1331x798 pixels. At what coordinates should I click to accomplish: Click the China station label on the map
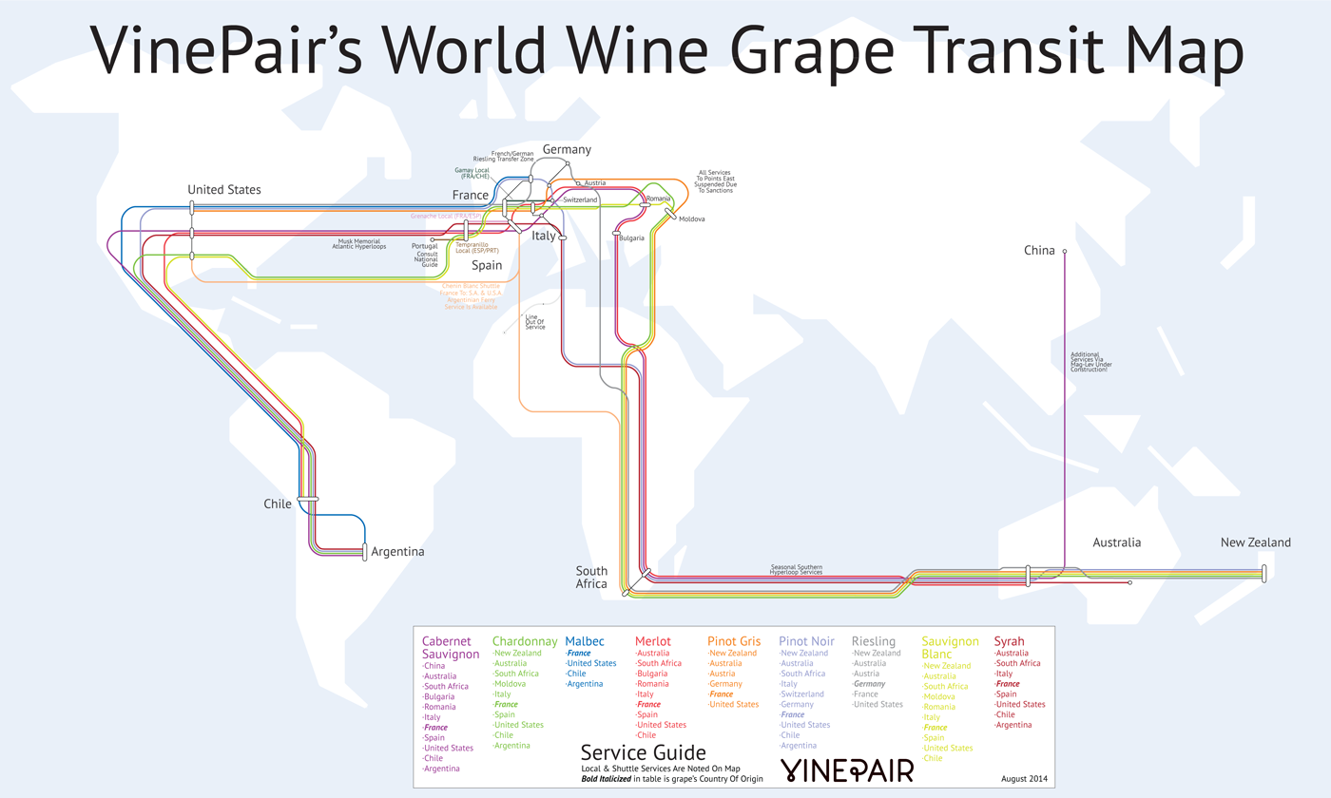pos(1039,251)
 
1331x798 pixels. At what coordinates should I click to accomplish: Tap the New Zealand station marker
pos(1264,573)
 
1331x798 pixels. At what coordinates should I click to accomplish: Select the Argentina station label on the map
pos(397,551)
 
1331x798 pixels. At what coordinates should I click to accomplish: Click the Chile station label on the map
pos(278,503)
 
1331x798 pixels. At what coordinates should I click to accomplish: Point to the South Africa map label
pos(591,578)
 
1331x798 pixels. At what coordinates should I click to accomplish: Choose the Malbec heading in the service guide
pos(584,641)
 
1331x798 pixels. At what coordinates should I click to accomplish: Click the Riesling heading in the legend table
pos(873,641)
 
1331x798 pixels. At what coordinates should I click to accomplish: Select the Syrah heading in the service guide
pos(1009,641)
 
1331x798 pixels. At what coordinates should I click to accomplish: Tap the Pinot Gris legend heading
pos(734,641)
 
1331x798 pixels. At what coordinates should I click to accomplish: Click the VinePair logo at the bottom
pos(846,769)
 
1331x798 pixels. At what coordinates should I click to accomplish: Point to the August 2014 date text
pos(1024,779)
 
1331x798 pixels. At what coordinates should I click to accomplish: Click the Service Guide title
pos(643,753)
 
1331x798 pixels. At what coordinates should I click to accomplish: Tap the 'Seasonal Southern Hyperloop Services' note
pos(796,570)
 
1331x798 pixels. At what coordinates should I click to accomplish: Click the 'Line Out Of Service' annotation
pos(535,321)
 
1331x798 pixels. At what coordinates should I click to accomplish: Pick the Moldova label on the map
pos(691,219)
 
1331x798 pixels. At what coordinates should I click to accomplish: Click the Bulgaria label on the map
pos(631,237)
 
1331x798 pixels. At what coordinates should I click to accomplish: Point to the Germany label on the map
pos(567,149)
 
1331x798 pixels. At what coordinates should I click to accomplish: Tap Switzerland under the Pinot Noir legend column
pos(801,694)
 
